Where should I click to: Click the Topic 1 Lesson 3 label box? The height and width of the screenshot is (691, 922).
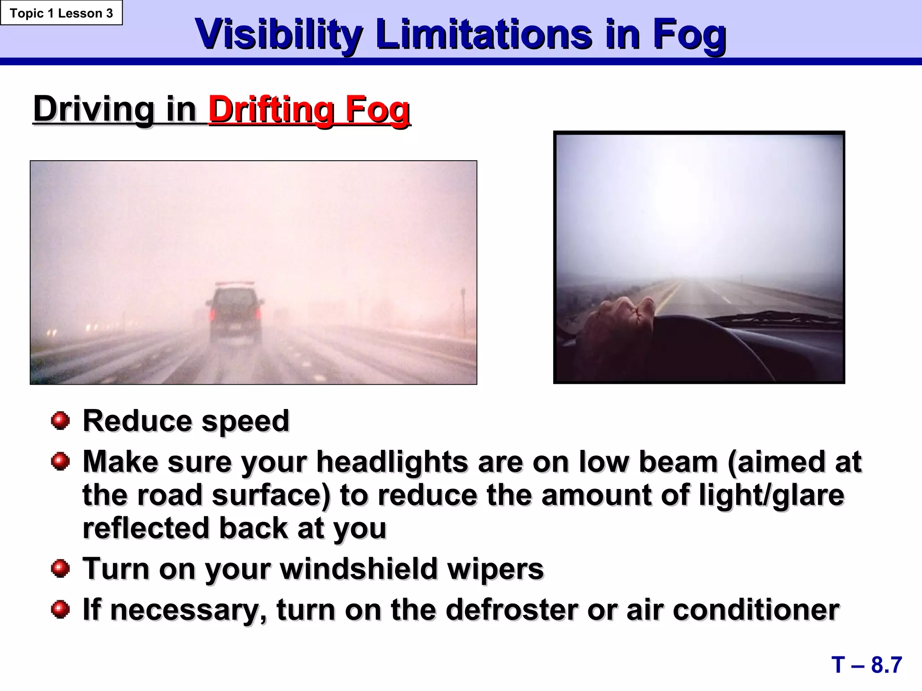point(61,13)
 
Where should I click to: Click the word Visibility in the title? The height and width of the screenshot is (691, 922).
point(279,35)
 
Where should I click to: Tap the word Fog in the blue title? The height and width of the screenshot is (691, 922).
point(689,35)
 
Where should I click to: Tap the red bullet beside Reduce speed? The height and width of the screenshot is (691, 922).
point(60,421)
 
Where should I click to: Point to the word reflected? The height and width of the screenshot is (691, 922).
point(146,528)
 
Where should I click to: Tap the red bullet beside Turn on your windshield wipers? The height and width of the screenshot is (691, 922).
point(60,569)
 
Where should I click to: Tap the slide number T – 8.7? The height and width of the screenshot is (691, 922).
point(866,665)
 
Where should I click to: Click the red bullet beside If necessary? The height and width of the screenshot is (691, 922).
point(60,610)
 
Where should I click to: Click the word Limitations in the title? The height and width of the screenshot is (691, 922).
point(484,35)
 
